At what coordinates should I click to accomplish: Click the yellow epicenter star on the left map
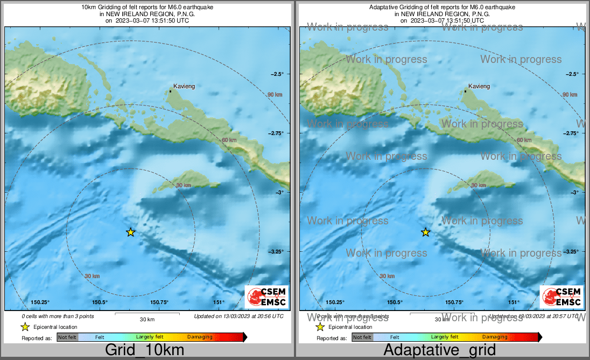coord(130,232)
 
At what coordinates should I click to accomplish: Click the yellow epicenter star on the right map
coord(425,232)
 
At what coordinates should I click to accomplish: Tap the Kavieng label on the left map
coord(184,86)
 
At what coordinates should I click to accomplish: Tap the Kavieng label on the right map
coord(479,86)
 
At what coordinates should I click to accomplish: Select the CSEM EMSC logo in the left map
coord(266,297)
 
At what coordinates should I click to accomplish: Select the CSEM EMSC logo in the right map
coord(561,297)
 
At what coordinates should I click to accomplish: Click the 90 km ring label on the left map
coord(275,95)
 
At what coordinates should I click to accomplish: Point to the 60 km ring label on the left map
coord(229,140)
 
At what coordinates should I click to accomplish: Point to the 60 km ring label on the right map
coord(524,140)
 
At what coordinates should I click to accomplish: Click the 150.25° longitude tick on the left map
coord(40,302)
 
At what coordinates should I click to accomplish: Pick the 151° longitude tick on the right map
coord(514,302)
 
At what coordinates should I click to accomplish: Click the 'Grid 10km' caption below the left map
coord(144,350)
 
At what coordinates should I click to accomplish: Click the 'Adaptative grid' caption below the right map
coord(439,350)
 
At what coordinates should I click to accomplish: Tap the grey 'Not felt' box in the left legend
coord(67,337)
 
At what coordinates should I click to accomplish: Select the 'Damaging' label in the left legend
coord(200,337)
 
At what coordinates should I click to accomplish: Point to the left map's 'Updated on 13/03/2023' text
coord(238,316)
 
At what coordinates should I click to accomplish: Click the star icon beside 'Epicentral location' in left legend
coord(25,327)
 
